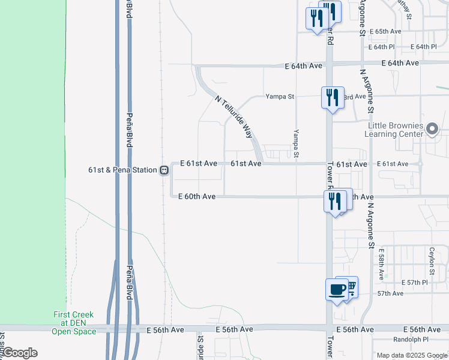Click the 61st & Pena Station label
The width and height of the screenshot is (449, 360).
pyautogui.click(x=122, y=170)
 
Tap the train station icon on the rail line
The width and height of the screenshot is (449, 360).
pyautogui.click(x=163, y=170)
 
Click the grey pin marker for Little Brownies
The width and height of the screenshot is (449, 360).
pyautogui.click(x=432, y=129)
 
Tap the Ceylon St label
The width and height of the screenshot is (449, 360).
pyautogui.click(x=432, y=259)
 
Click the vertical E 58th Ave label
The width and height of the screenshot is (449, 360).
pyautogui.click(x=382, y=266)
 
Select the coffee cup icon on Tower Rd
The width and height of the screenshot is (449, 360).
pyautogui.click(x=337, y=290)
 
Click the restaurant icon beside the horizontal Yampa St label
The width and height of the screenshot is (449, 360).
pyautogui.click(x=332, y=97)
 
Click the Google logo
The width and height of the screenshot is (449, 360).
pyautogui.click(x=19, y=353)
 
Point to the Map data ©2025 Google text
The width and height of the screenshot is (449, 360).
pyautogui.click(x=412, y=355)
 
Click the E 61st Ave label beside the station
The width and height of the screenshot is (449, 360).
pyautogui.click(x=199, y=163)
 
